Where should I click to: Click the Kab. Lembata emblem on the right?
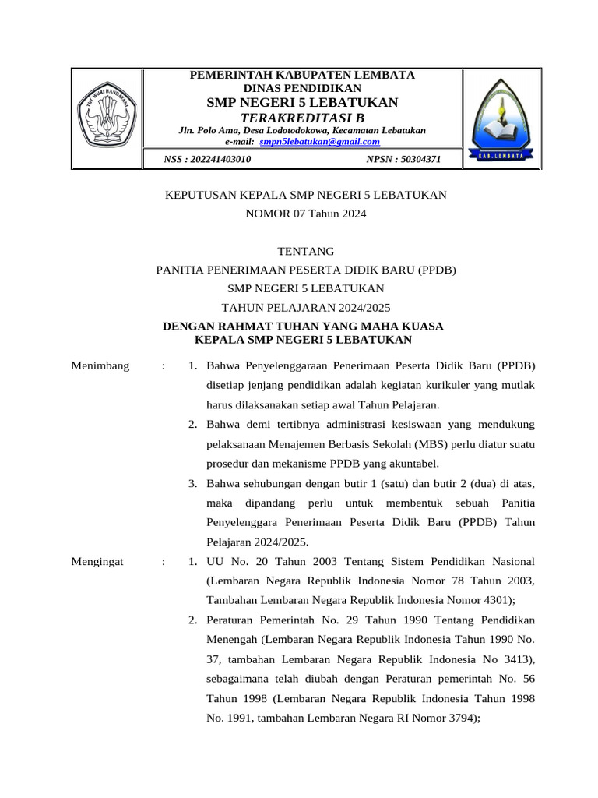(x=501, y=118)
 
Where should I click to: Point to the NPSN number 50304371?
(x=403, y=159)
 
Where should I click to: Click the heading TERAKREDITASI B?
(x=301, y=117)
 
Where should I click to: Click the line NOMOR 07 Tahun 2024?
(x=306, y=212)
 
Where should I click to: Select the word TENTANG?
(x=306, y=251)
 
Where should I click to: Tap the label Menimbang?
(x=100, y=365)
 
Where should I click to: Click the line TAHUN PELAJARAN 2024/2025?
(x=306, y=307)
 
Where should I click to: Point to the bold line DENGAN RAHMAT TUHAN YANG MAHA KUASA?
(x=303, y=327)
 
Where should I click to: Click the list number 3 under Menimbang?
(x=192, y=483)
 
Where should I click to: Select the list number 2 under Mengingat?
(x=192, y=620)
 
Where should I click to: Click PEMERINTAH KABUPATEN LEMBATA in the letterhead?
(x=303, y=75)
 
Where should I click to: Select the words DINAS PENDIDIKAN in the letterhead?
(x=303, y=88)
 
